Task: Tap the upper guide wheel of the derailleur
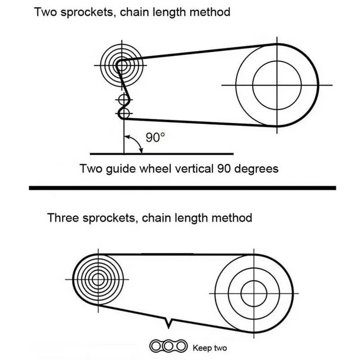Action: tap(124, 99)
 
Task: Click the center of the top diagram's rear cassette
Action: tap(119, 64)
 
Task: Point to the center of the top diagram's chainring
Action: tap(276, 84)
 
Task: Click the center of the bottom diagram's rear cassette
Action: tap(95, 279)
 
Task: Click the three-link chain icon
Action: tap(168, 346)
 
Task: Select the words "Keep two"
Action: tap(210, 347)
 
